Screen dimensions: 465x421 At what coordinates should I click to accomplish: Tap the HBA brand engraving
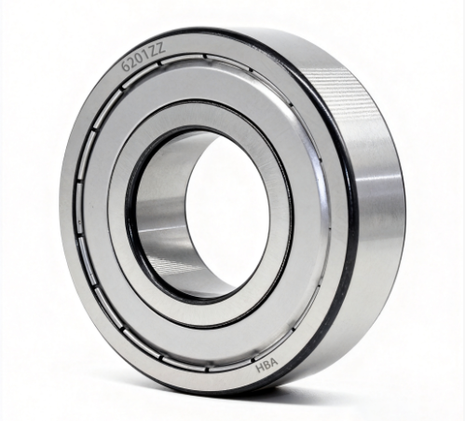coord(267,365)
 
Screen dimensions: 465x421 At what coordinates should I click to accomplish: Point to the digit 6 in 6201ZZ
coord(125,67)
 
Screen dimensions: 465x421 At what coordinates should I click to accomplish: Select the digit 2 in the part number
coord(133,62)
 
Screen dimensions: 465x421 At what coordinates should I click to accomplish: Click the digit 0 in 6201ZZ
coord(142,58)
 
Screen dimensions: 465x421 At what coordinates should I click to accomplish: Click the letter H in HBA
coord(260,368)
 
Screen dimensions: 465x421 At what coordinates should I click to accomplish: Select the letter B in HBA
coord(267,365)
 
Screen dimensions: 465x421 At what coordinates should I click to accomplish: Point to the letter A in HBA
coord(273,363)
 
